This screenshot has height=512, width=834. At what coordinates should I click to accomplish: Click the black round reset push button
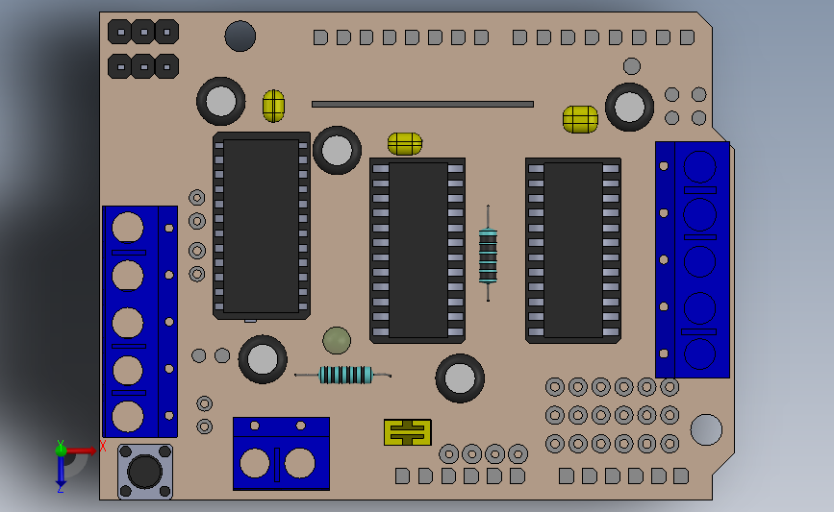(145, 471)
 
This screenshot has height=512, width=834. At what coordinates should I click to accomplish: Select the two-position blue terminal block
(281, 453)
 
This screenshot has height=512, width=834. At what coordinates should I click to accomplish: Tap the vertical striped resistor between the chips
(488, 255)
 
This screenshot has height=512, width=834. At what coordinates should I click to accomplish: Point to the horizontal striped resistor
(344, 375)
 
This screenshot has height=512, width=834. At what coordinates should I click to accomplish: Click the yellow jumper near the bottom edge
(407, 432)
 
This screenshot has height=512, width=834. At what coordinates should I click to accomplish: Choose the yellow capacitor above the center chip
(404, 144)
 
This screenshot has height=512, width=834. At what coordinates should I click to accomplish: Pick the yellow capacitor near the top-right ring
(580, 119)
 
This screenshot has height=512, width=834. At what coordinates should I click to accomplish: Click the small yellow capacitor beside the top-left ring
(273, 106)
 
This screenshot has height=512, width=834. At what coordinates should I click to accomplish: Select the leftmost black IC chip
(261, 226)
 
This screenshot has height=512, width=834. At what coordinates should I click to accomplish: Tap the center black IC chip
(417, 250)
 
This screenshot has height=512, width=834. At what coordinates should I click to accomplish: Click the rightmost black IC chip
(572, 250)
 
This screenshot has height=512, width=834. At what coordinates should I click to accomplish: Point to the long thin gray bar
(422, 104)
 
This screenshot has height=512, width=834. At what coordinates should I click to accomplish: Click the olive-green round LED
(337, 340)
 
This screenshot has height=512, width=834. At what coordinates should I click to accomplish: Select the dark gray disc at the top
(240, 37)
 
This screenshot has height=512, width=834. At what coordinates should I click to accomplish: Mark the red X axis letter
(103, 446)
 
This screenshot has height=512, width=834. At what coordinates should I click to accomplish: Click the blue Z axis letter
(60, 488)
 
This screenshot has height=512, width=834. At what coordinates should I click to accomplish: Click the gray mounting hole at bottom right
(706, 429)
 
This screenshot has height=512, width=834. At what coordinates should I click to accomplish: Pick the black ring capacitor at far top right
(629, 107)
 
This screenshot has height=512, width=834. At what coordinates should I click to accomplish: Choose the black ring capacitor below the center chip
(460, 378)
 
